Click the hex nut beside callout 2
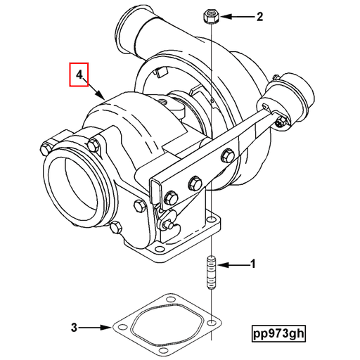tap(212, 15)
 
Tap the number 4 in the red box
tap(80, 74)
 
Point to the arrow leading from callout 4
tap(96, 89)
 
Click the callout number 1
tap(253, 265)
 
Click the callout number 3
tap(74, 326)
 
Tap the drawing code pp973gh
tap(281, 332)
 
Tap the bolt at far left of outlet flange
tap(47, 148)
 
